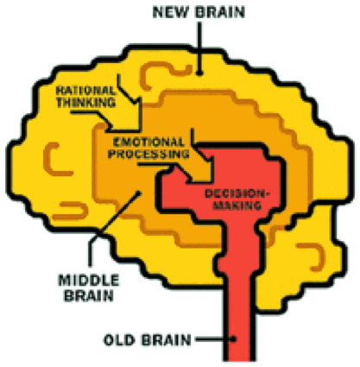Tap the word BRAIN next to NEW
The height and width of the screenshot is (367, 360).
tap(219, 12)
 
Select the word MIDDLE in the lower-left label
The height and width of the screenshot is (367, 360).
tap(89, 281)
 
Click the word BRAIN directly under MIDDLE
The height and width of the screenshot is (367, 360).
tap(89, 295)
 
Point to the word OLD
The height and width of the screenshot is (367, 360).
tap(119, 340)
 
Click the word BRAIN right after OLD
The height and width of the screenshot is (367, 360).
tap(166, 340)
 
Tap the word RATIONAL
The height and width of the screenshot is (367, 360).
tap(85, 91)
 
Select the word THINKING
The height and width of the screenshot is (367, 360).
tap(86, 102)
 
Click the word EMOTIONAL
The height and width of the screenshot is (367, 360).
tap(148, 142)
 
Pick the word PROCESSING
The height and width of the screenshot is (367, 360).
tap(148, 154)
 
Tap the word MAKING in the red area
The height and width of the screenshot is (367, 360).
tap(237, 206)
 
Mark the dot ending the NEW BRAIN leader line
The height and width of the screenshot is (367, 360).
tap(199, 73)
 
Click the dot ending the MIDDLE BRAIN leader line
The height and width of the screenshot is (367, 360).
tap(139, 193)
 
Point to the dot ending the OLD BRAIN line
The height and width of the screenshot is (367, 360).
tap(234, 339)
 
